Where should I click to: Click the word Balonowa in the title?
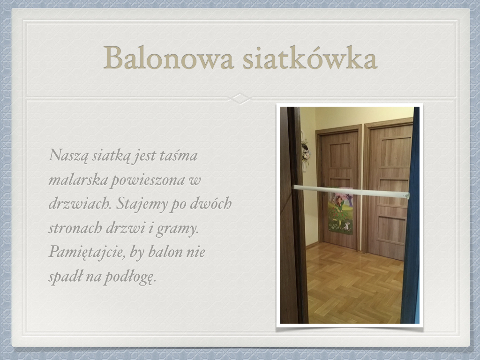click(x=168, y=58)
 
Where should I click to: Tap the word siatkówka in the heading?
click(x=310, y=58)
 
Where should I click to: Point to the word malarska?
click(x=78, y=180)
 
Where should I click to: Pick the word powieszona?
click(x=148, y=180)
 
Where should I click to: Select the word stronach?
click(x=75, y=228)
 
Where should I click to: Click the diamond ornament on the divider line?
click(x=240, y=98)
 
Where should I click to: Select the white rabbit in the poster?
click(x=347, y=226)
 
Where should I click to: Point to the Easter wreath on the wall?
click(x=306, y=150)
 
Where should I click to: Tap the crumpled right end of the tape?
click(x=406, y=196)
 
